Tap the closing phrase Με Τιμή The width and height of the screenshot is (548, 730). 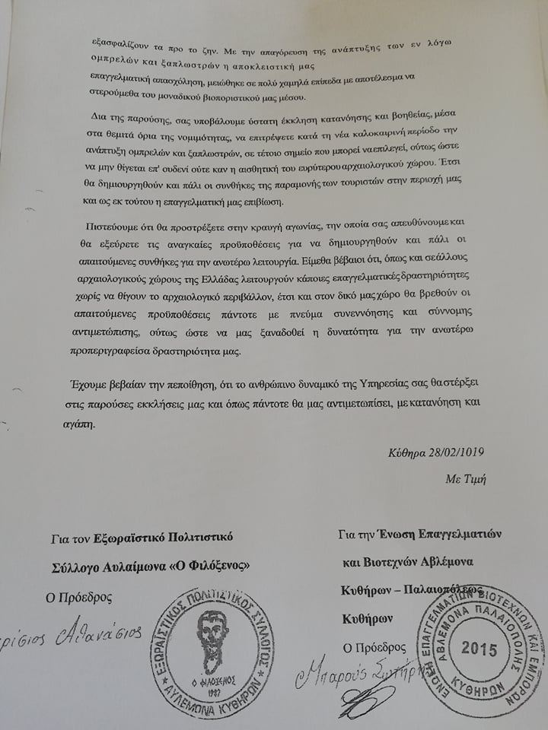click(467, 479)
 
